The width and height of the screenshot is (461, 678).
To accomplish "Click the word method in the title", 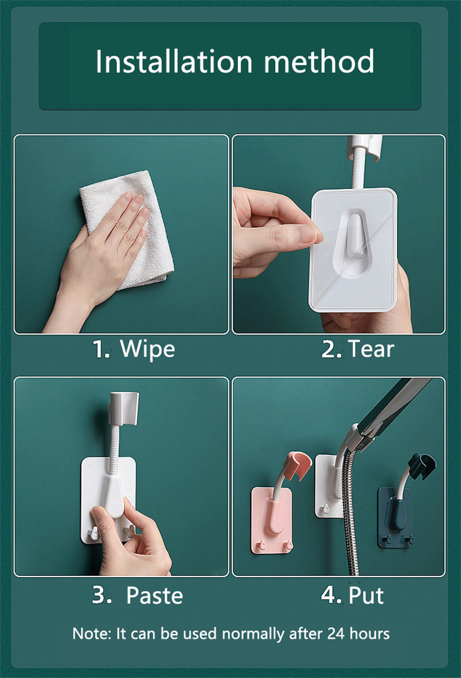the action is pos(319,61).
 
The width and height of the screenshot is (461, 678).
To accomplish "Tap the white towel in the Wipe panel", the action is pos(130,229).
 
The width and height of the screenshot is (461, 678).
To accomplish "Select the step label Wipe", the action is pos(147,349).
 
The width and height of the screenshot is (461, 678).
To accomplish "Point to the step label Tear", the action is pos(371,349).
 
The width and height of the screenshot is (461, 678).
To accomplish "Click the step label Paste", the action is pos(154,596).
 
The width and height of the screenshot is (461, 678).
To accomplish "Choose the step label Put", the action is pos(366,596).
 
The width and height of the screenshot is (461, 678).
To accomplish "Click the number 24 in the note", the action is pos(336,634).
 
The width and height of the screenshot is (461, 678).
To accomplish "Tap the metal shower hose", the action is pos(350,510).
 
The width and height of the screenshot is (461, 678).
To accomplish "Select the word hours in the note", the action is pos(369,634).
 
